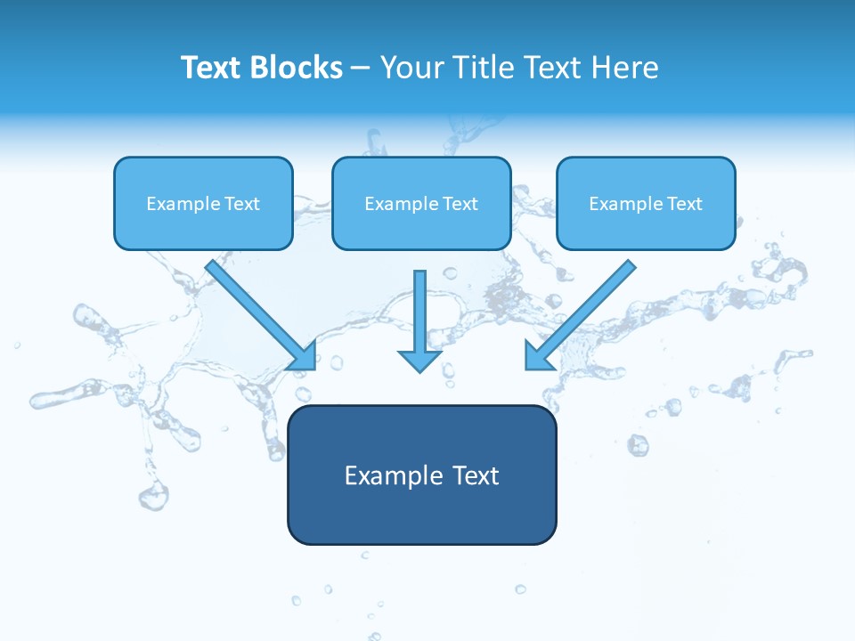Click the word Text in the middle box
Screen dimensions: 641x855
pyautogui.click(x=460, y=204)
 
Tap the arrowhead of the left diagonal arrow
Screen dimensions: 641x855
pyautogui.click(x=305, y=357)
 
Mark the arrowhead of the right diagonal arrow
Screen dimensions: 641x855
pyautogui.click(x=537, y=356)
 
